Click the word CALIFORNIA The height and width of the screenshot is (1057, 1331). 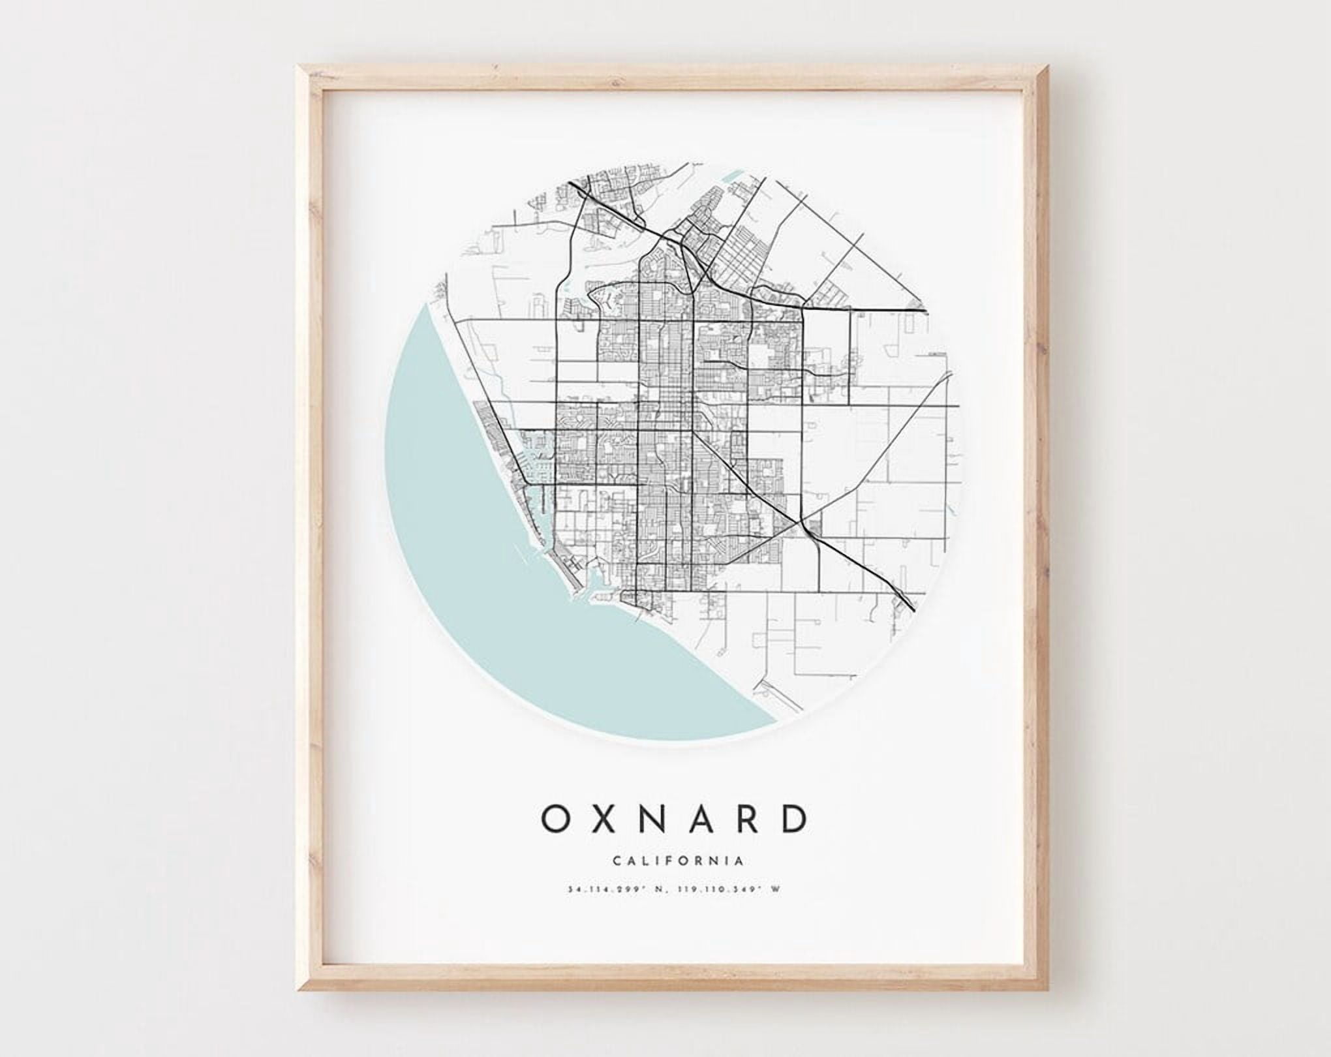(679, 861)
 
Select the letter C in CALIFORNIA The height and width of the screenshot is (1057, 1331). (617, 861)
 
